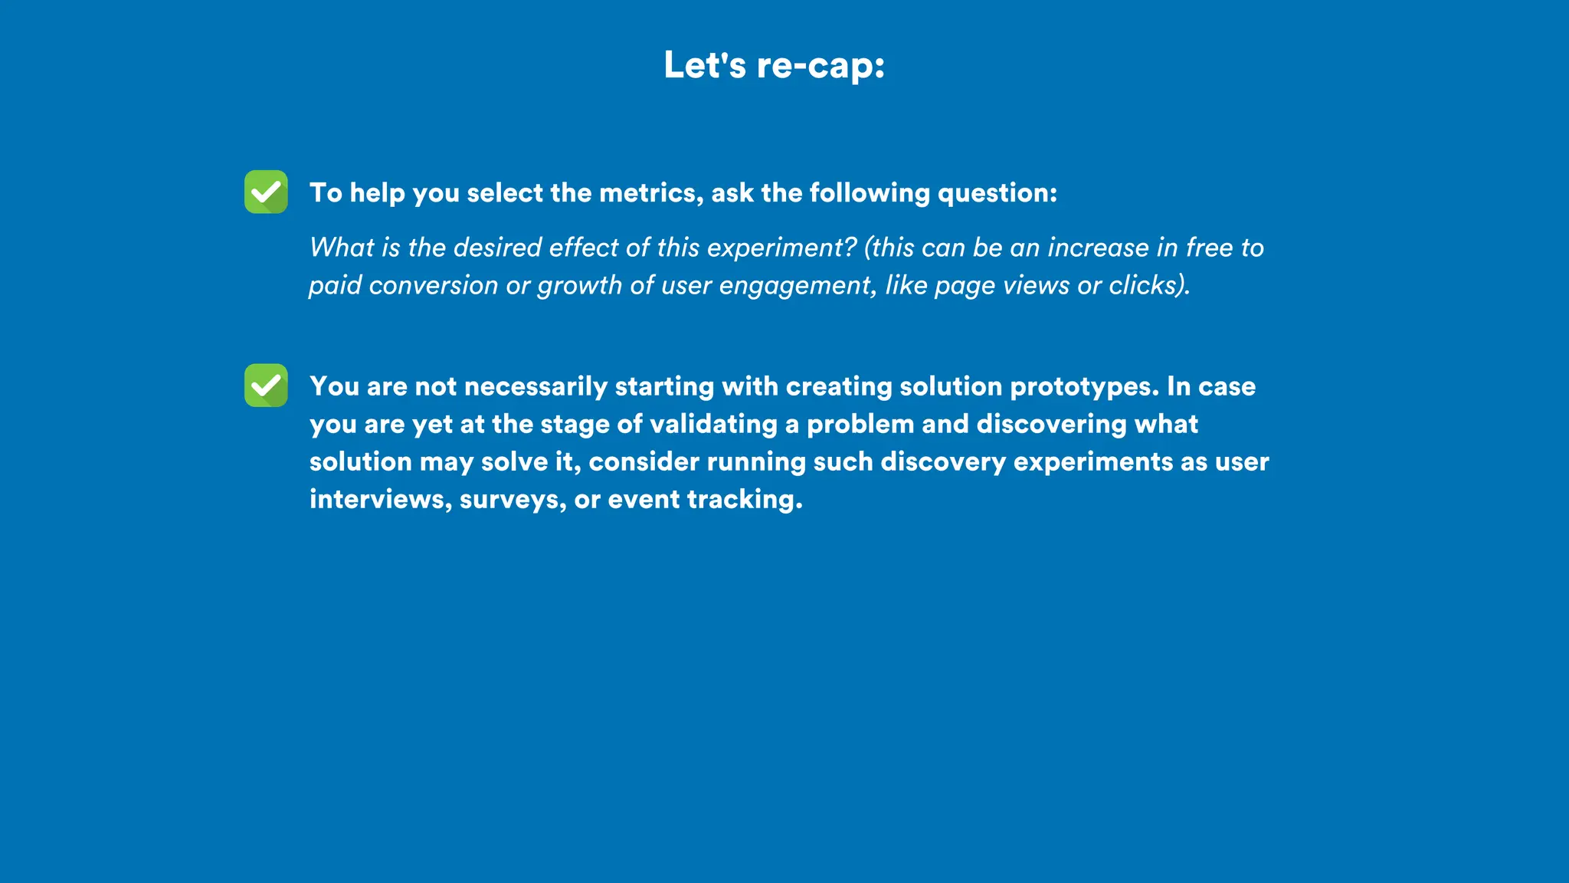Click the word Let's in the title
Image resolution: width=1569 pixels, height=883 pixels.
704,64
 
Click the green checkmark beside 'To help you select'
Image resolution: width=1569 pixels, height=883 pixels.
266,192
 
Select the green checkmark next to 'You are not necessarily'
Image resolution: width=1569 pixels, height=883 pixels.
266,386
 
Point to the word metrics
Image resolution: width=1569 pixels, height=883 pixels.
650,193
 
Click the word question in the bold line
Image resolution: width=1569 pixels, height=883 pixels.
996,193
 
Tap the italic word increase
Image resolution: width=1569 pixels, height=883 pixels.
1099,248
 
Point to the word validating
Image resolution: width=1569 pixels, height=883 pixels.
713,425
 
